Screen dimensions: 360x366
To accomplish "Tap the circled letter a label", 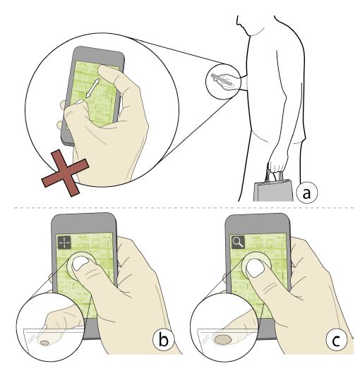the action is coord(306,193).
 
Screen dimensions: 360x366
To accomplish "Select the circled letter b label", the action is coord(164,339).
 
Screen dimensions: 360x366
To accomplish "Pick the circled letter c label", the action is coord(337,340).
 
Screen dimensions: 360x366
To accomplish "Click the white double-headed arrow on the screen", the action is coord(92,87).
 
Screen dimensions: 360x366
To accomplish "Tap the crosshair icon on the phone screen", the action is coord(64,243).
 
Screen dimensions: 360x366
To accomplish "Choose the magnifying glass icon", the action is coord(238,242).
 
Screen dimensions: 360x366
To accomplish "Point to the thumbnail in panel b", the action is coord(80,264).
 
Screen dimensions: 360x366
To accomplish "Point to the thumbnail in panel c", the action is coord(256,268).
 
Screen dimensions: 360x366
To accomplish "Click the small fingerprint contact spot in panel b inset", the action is coord(44,343).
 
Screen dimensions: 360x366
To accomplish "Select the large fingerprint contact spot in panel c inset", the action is coord(222,339).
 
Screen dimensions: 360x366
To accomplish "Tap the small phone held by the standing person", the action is coord(222,80).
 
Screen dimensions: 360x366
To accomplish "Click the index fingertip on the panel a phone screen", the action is coord(104,71).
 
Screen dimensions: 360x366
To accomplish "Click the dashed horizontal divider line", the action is coord(184,208).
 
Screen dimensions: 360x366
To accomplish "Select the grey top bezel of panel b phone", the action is coord(84,223).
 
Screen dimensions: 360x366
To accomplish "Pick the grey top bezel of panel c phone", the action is coord(258,224).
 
